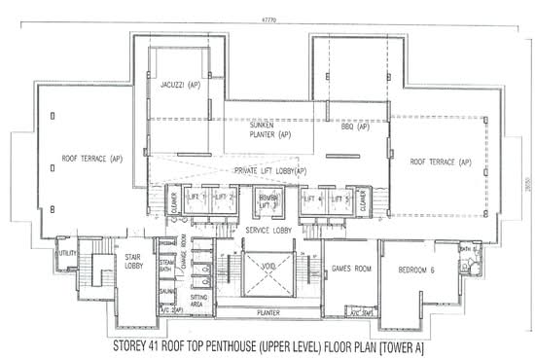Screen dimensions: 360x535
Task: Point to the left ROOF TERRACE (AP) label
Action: point(92,158)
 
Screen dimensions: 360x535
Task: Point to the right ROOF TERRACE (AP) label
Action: point(440,162)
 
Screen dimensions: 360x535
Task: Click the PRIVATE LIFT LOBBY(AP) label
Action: point(270,172)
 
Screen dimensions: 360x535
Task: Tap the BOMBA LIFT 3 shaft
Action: point(268,202)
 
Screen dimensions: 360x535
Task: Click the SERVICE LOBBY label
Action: point(270,231)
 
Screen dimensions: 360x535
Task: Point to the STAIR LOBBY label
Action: point(135,263)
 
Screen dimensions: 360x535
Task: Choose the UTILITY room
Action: point(67,255)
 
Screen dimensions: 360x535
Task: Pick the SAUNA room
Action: point(166,290)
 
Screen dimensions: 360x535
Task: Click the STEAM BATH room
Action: point(166,265)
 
